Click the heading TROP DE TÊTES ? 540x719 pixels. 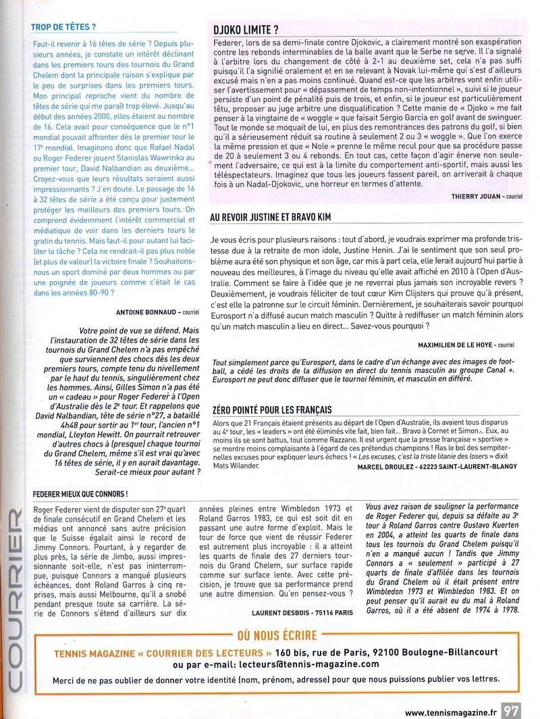tap(64, 28)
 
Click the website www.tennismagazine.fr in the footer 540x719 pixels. tap(453, 710)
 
